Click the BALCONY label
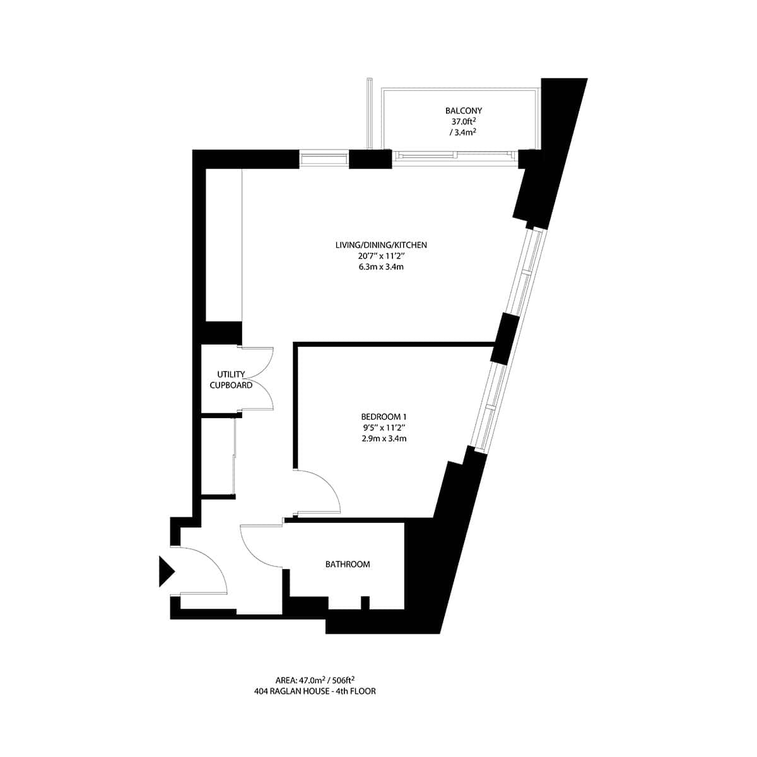click(x=463, y=111)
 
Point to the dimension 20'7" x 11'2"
click(x=377, y=255)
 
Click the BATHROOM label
click(x=348, y=564)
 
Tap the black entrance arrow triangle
click(x=165, y=571)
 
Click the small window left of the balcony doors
click(x=323, y=158)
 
